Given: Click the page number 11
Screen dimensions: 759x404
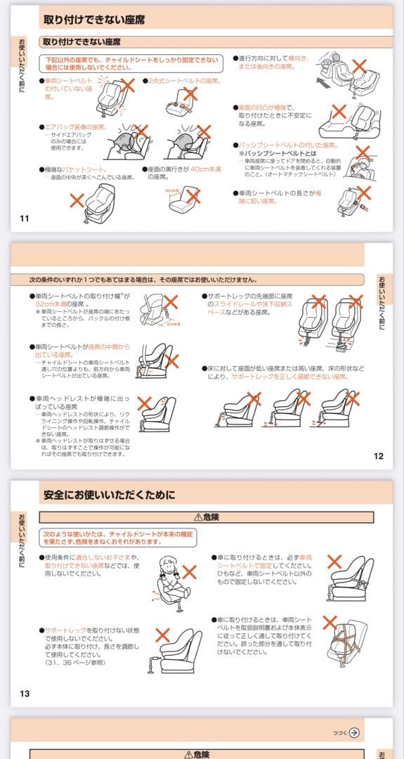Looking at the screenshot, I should coord(24,218).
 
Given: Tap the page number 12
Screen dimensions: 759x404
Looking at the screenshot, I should coord(379,456).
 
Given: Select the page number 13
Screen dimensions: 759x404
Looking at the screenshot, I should coord(24,694).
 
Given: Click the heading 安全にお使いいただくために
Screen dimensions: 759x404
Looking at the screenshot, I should coord(109,495).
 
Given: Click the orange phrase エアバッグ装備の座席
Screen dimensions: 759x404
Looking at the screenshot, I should coord(77,127).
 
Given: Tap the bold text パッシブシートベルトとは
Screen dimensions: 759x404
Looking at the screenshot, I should coord(278,153).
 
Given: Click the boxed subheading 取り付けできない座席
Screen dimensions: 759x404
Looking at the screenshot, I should coord(85,41).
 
